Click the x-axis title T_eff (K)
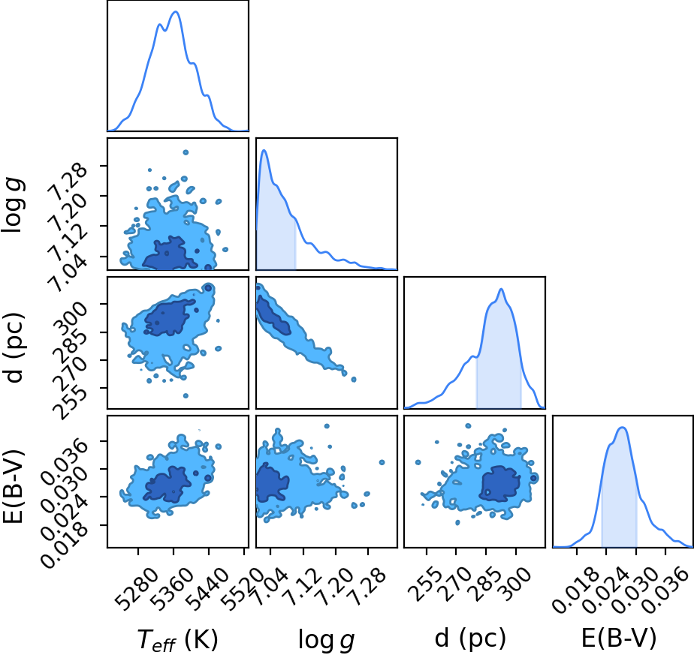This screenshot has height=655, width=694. (178, 639)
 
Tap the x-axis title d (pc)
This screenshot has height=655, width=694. (470, 638)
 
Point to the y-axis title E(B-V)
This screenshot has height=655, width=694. (12, 487)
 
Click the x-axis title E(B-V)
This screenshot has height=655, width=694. (619, 638)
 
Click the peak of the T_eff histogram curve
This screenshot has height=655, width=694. (176, 11)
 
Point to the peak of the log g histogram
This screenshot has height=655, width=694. (264, 150)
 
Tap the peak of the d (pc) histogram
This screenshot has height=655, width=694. (501, 290)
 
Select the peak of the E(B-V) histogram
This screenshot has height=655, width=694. (623, 428)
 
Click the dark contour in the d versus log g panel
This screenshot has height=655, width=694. (273, 315)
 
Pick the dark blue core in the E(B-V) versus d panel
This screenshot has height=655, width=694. (501, 484)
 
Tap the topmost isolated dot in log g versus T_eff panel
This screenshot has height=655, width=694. (186, 152)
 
